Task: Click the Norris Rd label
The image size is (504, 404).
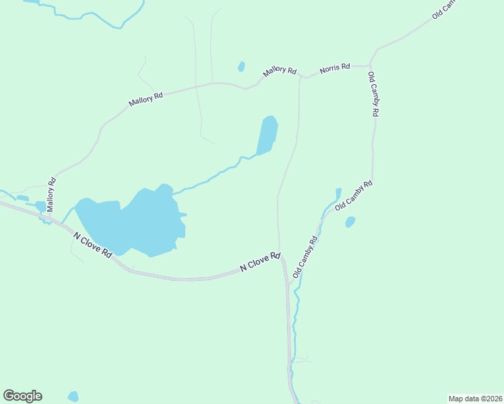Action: pos(335,67)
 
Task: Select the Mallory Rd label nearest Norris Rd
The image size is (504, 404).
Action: pos(280,70)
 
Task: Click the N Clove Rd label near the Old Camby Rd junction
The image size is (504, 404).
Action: pos(260,262)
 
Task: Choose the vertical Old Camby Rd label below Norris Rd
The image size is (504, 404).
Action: pos(373,95)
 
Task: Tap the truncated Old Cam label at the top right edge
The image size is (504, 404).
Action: pos(445,9)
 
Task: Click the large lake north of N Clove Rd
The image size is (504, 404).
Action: pos(135,221)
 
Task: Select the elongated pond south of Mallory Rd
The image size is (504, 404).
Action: pos(267,135)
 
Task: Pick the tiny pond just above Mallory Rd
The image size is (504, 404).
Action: pos(241,67)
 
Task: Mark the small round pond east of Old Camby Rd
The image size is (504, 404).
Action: pos(350,222)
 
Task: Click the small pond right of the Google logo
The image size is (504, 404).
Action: pos(73,397)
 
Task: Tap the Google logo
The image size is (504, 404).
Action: pos(22,396)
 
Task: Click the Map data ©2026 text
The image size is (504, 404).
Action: pos(475,398)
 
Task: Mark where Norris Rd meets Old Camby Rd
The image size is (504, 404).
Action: pos(370,66)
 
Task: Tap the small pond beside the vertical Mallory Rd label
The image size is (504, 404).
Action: pos(40,206)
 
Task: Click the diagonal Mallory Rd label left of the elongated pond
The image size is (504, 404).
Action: pos(146,100)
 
